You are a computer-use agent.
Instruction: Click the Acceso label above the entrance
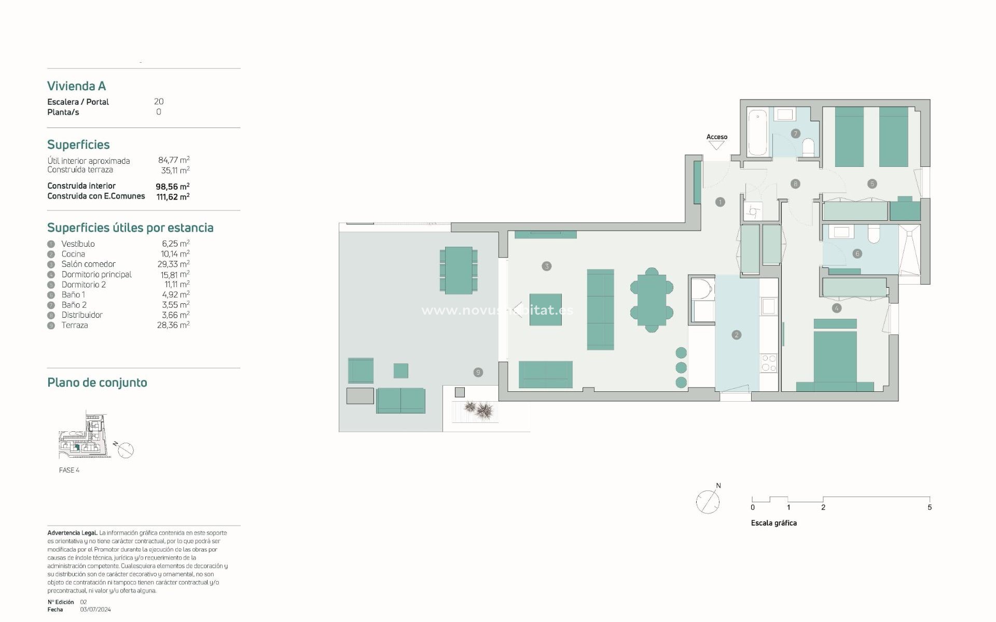click(716, 137)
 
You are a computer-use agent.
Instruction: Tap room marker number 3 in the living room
click(546, 266)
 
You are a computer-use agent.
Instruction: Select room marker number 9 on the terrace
click(478, 372)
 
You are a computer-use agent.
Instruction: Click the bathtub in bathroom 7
click(757, 132)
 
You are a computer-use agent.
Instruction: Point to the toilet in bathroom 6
click(874, 234)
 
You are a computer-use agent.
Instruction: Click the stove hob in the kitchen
click(768, 363)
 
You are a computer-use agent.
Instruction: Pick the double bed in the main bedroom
click(835, 358)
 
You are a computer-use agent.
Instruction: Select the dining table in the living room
click(652, 300)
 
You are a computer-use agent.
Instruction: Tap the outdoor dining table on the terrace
click(459, 270)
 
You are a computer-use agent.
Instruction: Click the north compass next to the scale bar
click(708, 501)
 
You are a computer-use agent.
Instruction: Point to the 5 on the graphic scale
click(930, 507)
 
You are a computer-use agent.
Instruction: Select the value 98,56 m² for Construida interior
click(172, 186)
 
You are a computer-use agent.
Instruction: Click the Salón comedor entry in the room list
click(88, 264)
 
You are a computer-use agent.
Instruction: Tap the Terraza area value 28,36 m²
click(173, 325)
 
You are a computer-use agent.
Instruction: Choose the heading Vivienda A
click(76, 86)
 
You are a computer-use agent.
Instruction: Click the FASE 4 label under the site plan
click(69, 470)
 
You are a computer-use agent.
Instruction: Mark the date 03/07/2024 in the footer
click(95, 610)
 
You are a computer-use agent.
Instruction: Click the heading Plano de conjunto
click(97, 383)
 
